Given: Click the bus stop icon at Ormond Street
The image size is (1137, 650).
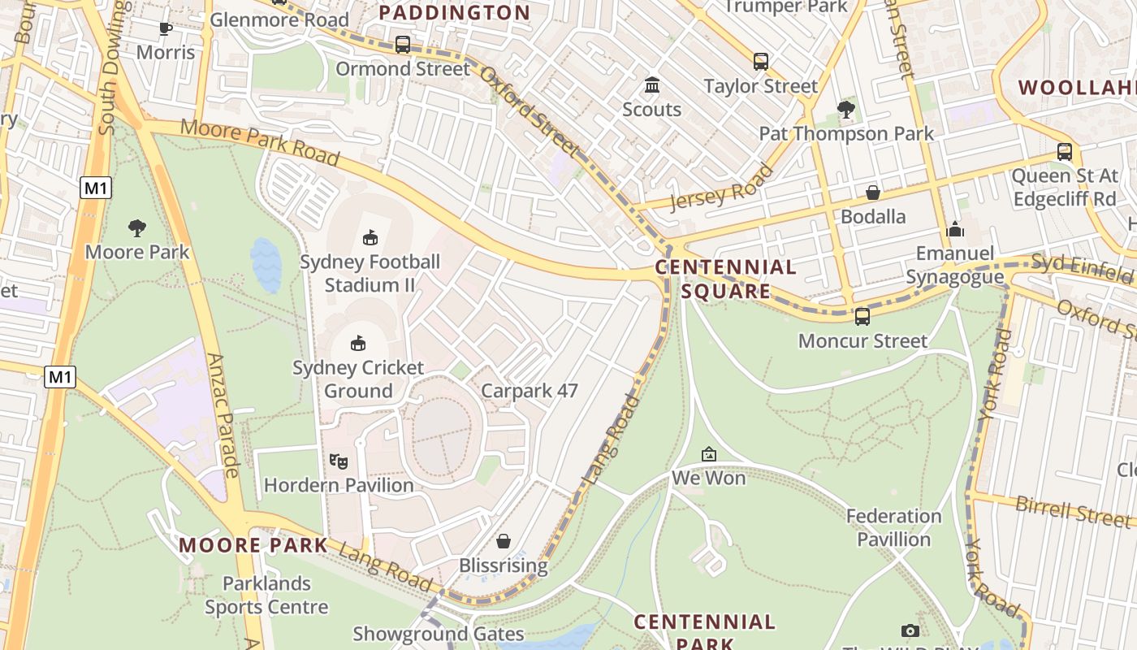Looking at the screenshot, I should point(402,45).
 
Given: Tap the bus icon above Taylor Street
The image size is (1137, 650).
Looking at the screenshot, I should point(760,62).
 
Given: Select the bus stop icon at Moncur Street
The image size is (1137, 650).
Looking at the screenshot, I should point(862,316).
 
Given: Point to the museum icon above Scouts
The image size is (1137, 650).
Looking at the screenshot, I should point(651,85).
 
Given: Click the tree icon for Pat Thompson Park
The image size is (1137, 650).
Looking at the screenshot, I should point(845,109).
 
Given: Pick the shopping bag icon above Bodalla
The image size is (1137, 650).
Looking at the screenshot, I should point(873,193).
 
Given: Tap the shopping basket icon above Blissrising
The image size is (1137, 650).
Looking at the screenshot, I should point(504,541).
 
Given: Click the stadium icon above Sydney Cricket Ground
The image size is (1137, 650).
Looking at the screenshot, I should point(357,344).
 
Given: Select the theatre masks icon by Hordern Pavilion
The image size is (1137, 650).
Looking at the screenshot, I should point(339,461).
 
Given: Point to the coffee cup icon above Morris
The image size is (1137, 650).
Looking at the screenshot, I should point(166,29).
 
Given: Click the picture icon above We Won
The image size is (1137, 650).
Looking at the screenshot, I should point(708,454).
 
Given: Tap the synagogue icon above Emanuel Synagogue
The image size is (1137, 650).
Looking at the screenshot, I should point(955,230).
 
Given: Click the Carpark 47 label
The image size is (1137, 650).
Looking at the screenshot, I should point(530,391).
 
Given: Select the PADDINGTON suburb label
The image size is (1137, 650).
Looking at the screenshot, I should point(454,13).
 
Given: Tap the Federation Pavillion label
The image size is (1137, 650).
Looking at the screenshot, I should point(893,527).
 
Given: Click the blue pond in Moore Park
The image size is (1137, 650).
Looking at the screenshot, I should point(266,265).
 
